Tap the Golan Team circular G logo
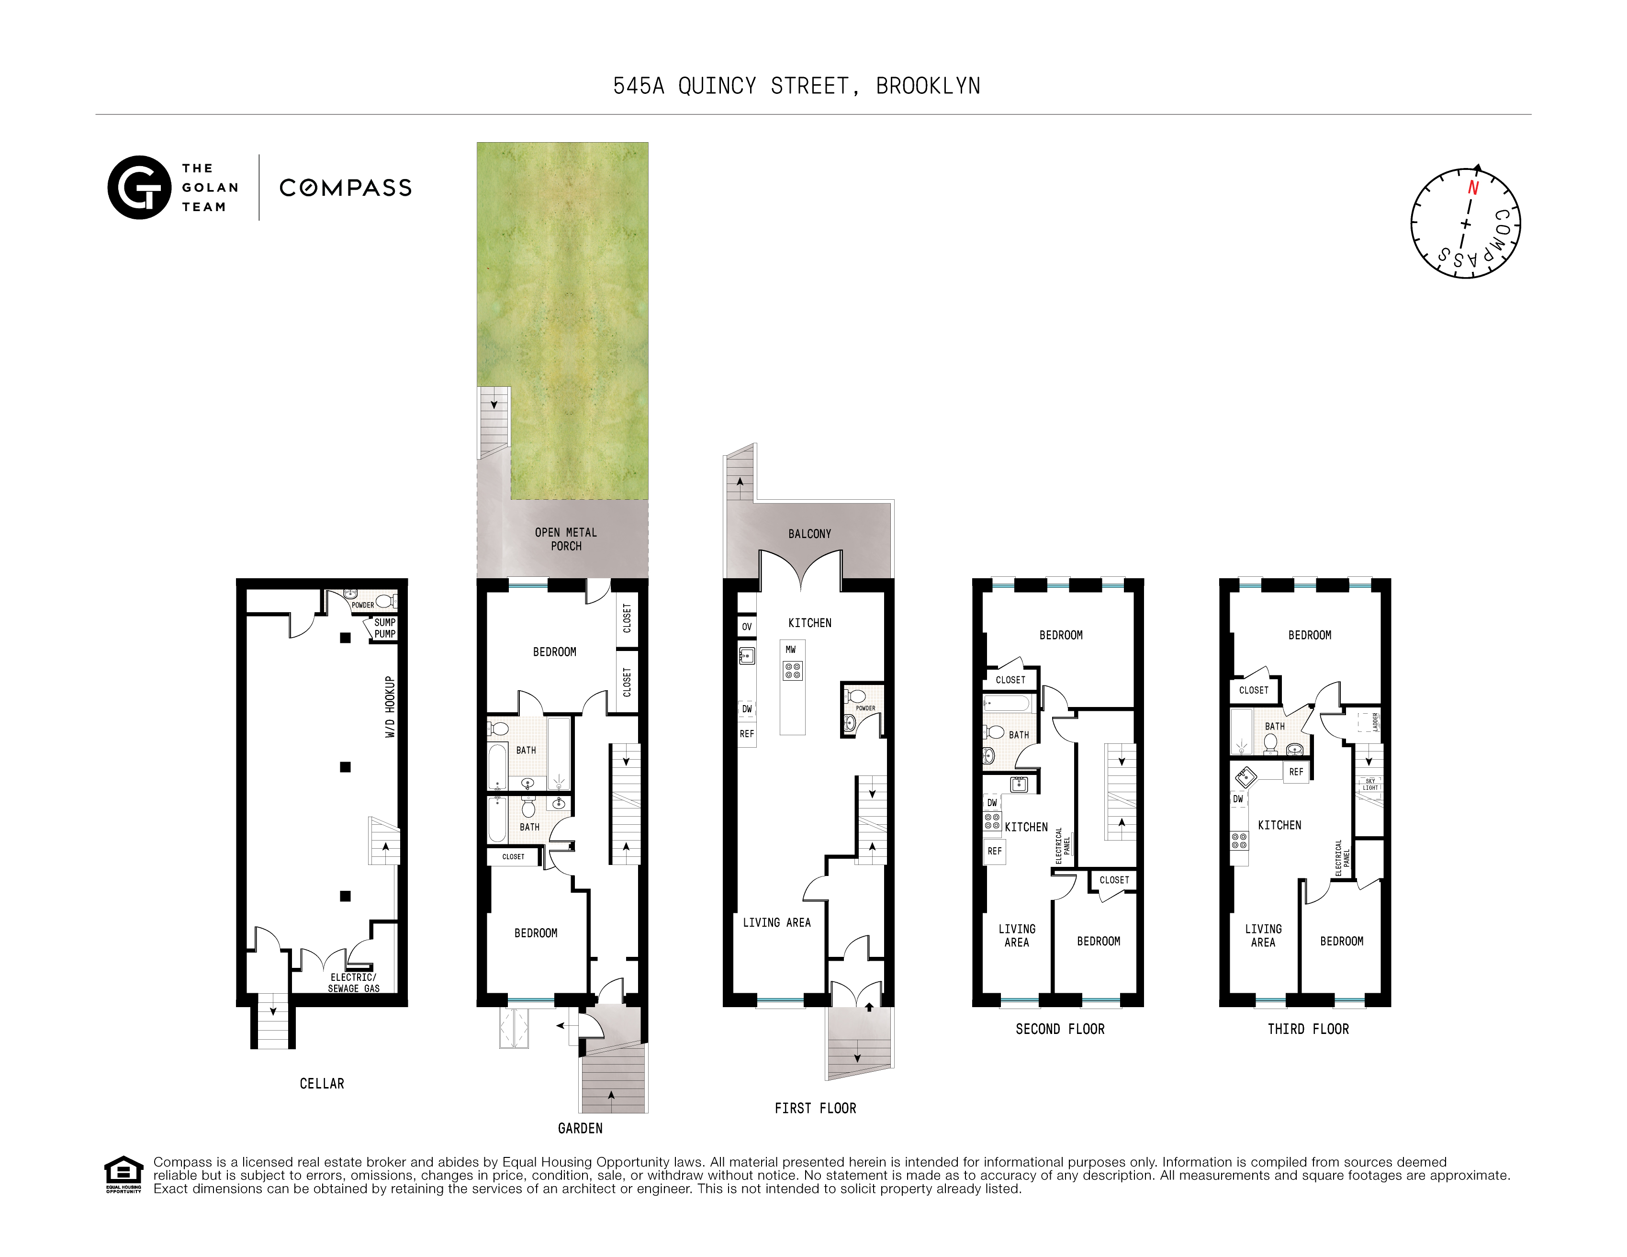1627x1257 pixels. pyautogui.click(x=139, y=188)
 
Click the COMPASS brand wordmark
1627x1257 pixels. pyautogui.click(x=345, y=188)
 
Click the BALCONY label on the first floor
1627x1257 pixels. pyautogui.click(x=810, y=534)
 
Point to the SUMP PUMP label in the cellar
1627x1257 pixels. pyautogui.click(x=384, y=628)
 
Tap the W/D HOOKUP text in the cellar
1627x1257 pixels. pyautogui.click(x=390, y=707)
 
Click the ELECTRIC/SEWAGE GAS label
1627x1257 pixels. pyautogui.click(x=353, y=983)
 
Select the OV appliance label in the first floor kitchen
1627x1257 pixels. pyautogui.click(x=746, y=627)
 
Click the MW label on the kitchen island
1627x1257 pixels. pyautogui.click(x=790, y=650)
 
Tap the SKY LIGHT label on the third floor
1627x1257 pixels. pyautogui.click(x=1370, y=784)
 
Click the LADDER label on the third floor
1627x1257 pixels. pyautogui.click(x=1375, y=722)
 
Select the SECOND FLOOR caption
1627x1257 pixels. pyautogui.click(x=1059, y=1029)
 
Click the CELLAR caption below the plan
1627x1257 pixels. pyautogui.click(x=322, y=1083)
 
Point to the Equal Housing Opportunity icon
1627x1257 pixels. pyautogui.click(x=123, y=1174)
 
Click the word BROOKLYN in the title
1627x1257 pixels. pyautogui.click(x=928, y=87)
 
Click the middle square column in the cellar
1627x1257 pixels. pyautogui.click(x=345, y=767)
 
